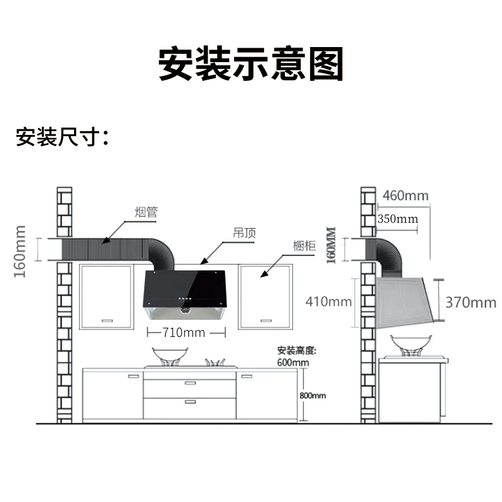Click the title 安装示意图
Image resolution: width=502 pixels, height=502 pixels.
point(251,64)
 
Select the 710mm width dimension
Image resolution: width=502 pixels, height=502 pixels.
point(184,333)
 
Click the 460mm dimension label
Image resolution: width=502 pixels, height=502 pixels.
point(405,196)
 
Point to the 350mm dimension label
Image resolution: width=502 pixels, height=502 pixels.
point(398,219)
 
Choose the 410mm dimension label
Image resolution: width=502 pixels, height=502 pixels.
point(328,302)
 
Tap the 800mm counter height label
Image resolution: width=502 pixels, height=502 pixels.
point(312,396)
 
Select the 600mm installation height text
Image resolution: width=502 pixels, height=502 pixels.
point(293,363)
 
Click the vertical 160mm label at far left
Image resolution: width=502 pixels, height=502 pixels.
point(20,252)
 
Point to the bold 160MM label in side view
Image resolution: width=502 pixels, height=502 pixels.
point(331,245)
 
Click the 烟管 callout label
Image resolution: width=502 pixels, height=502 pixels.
point(146,212)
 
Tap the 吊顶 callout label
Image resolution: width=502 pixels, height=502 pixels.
point(245,233)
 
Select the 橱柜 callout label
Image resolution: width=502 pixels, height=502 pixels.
point(304,246)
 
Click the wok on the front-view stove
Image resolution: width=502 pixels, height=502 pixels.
point(170,355)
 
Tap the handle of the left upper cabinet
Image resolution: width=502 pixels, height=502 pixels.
point(107,321)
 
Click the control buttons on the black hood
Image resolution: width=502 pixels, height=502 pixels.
point(185,300)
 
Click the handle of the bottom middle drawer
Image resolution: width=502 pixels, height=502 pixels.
point(190,402)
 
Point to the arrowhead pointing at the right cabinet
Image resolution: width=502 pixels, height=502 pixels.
point(263,274)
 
